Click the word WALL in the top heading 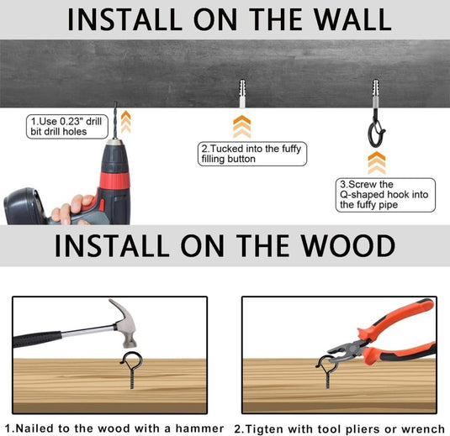point(352,19)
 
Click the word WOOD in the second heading point(348,245)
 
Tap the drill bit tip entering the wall point(115,102)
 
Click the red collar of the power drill point(114,181)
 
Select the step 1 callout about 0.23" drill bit point(67,126)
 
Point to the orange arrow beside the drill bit point(125,122)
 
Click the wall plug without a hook point(242,93)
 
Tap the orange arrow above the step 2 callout point(242,126)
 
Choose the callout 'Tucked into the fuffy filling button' point(252,154)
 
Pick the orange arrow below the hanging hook point(377,163)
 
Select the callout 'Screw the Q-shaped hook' point(385,195)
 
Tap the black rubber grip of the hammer point(37,339)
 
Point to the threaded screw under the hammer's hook point(132,380)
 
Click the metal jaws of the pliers point(345,349)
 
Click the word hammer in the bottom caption point(199,428)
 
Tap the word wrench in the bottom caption point(423,429)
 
